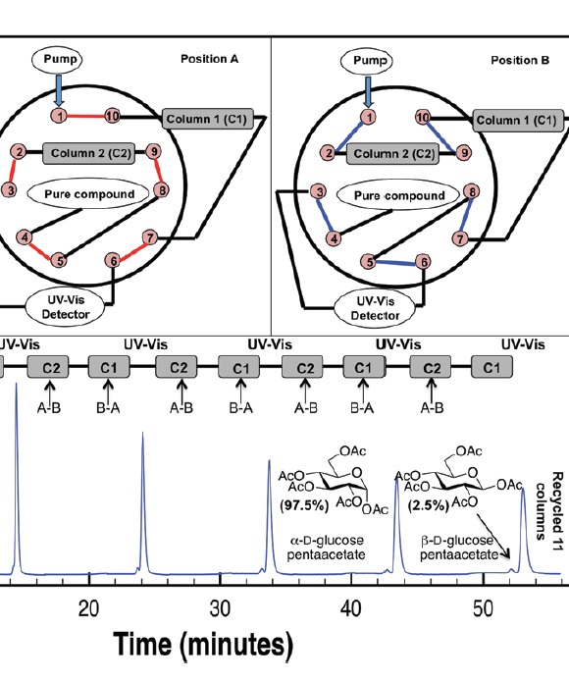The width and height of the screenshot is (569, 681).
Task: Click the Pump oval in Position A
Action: point(66,62)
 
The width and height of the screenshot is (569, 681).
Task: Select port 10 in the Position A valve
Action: point(112,117)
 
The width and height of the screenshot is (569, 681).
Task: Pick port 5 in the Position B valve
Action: point(370,262)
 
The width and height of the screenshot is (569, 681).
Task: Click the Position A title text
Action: point(209,60)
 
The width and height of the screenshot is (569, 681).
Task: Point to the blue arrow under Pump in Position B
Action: point(368,91)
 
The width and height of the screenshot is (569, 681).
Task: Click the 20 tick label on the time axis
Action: point(89,607)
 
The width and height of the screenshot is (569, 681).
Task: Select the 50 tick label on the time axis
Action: point(483,607)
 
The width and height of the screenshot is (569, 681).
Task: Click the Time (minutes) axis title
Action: point(203,646)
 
